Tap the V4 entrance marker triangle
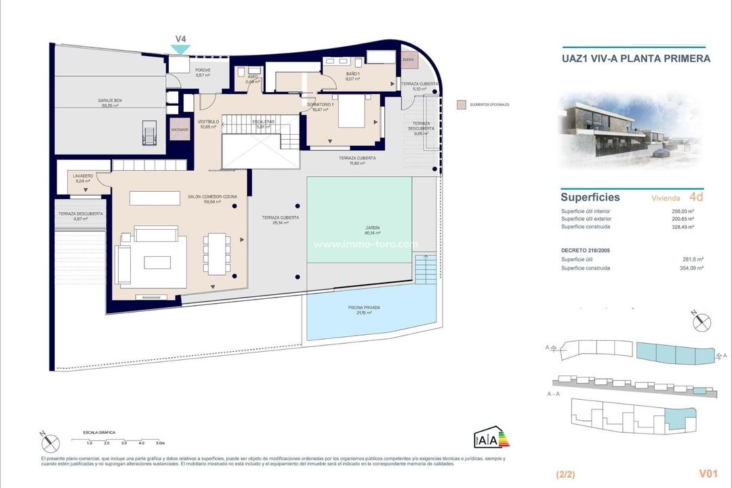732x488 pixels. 181,49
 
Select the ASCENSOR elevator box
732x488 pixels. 180,129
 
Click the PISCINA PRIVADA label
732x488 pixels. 363,307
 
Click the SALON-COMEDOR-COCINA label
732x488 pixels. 213,196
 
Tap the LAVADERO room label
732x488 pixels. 83,176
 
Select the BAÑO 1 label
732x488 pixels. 352,73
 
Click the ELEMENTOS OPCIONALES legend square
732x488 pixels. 461,105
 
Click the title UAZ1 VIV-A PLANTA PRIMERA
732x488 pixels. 636,58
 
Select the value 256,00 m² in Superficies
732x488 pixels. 689,211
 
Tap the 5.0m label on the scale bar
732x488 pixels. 160,443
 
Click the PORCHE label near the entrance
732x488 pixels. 203,70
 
